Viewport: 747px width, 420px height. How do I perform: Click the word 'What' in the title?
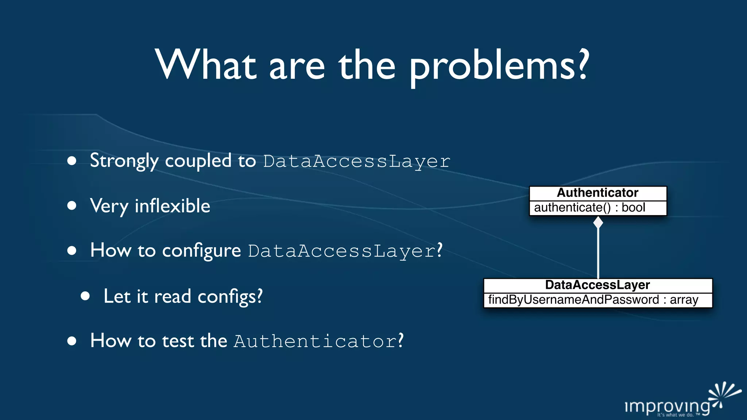(x=205, y=66)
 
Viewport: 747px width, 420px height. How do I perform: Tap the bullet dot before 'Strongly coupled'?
(x=72, y=161)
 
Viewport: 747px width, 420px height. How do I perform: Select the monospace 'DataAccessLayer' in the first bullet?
(x=357, y=162)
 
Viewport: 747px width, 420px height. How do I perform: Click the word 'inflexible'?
(x=172, y=206)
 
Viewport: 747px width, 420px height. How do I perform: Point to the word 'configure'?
(x=201, y=251)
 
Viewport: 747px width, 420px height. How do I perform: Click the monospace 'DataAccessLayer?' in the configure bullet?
(x=345, y=251)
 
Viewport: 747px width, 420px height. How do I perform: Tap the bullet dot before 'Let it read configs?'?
(x=85, y=296)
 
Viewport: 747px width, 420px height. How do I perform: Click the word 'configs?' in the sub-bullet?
(x=230, y=296)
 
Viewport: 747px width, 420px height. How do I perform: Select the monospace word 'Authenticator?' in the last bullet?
(x=318, y=341)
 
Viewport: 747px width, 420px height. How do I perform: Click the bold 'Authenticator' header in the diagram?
(x=597, y=193)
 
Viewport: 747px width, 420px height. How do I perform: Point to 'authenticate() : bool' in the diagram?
(x=589, y=208)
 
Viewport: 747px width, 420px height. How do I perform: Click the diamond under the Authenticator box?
(x=598, y=222)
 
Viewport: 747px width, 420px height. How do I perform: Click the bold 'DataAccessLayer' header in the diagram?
(x=597, y=285)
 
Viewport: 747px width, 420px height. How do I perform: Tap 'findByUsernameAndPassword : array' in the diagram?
(x=593, y=300)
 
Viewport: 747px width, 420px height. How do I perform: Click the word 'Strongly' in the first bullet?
(x=124, y=161)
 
